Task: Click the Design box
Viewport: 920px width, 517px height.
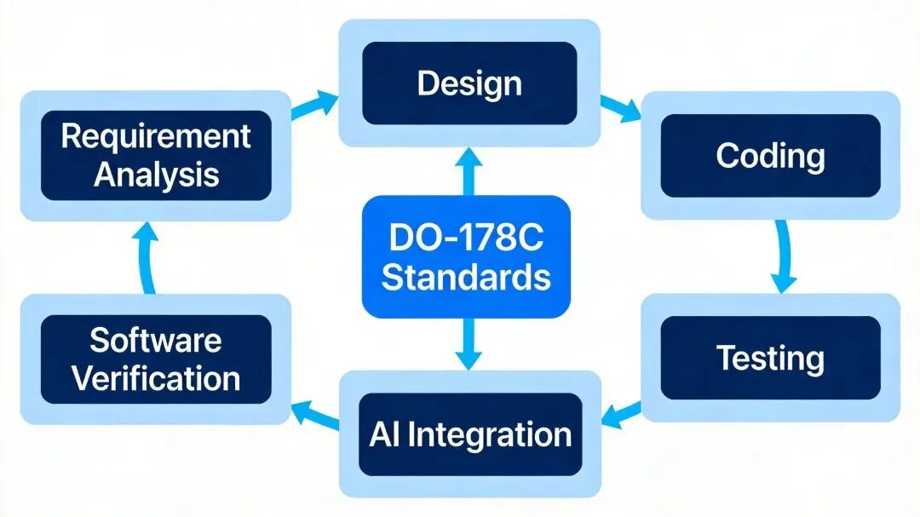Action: [x=469, y=83]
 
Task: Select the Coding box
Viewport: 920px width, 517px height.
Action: [x=770, y=157]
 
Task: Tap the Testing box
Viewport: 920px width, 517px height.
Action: [x=770, y=358]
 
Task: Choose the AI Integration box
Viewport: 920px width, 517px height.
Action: [x=469, y=434]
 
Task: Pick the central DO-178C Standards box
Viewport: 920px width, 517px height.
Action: [x=465, y=256]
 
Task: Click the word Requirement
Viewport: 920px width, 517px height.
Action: [x=156, y=136]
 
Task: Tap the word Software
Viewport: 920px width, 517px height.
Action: [x=156, y=340]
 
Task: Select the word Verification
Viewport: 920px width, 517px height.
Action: [x=156, y=377]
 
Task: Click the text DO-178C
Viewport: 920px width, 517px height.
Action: [x=465, y=238]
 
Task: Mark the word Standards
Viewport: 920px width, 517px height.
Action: [x=465, y=277]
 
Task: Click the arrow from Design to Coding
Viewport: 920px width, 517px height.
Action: [x=620, y=107]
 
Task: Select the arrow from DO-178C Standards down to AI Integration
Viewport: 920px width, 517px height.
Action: [x=465, y=344]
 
